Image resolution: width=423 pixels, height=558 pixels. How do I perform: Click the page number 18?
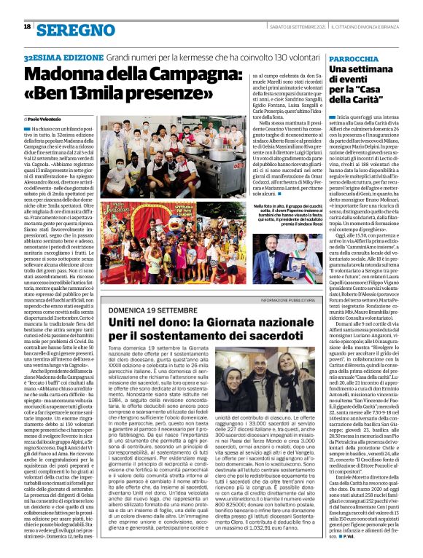click(x=26, y=26)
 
